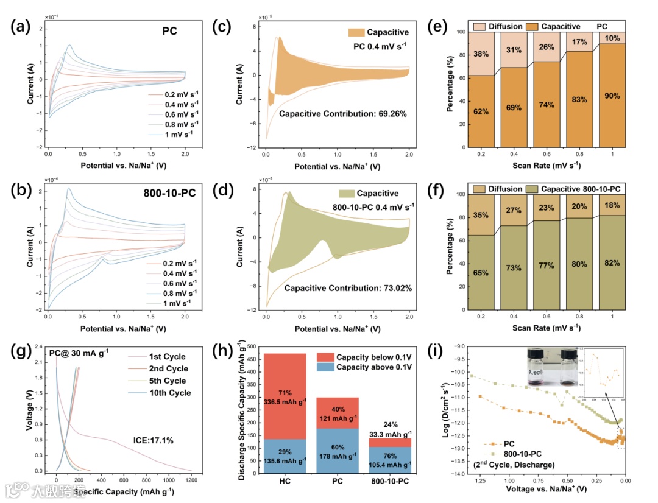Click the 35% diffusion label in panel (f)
pos(481,215)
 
